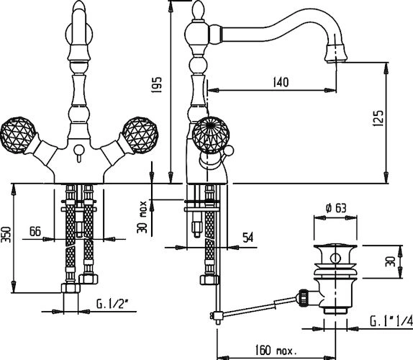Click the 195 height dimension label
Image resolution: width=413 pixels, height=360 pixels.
[x=156, y=84]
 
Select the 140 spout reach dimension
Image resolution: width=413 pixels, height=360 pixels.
[x=281, y=82]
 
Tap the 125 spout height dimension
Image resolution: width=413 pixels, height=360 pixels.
[x=378, y=118]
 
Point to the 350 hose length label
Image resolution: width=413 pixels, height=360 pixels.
[x=6, y=235]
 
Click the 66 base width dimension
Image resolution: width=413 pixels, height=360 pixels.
[x=35, y=231]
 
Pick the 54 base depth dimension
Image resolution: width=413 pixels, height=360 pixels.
[x=248, y=238]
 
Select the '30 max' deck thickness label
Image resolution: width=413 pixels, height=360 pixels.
[x=142, y=217]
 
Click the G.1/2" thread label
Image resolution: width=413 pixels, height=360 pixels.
[x=112, y=305]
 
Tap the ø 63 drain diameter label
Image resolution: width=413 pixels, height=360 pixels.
[x=336, y=208]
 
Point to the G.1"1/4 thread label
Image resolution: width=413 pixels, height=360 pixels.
[x=391, y=322]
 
